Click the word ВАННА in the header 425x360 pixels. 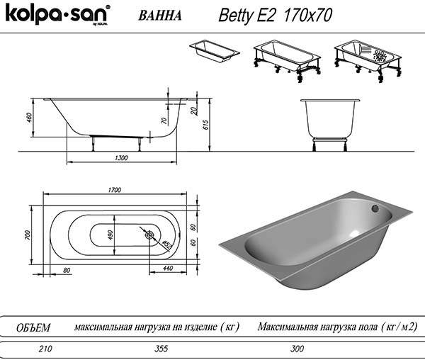(160, 16)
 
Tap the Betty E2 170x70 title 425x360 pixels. (275, 15)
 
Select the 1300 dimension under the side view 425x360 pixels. (121, 158)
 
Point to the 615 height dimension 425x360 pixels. (205, 125)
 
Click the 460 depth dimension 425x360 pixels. (29, 118)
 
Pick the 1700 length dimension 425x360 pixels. (115, 190)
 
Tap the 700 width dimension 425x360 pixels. (27, 235)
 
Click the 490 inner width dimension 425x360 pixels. (110, 235)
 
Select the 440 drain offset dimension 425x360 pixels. (168, 268)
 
